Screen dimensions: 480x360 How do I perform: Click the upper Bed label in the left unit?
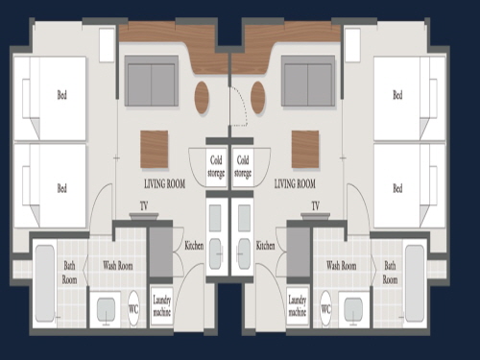click(x=62, y=95)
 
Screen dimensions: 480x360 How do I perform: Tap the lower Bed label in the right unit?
click(x=397, y=188)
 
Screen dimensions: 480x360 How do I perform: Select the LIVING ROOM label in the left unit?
click(x=164, y=183)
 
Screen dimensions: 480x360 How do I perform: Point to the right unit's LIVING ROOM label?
click(x=295, y=183)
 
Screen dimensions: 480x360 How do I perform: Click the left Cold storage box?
click(x=216, y=167)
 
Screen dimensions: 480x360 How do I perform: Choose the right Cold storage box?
click(x=243, y=167)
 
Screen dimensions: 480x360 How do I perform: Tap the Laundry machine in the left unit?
click(x=161, y=306)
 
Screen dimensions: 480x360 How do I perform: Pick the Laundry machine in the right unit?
click(x=298, y=306)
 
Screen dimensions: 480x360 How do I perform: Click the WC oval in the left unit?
click(x=133, y=308)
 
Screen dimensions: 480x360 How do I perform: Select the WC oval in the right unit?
click(x=325, y=308)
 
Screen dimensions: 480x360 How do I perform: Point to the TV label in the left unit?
click(x=144, y=206)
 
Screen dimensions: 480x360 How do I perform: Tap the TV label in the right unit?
click(x=316, y=206)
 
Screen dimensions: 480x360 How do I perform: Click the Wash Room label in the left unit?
click(x=118, y=266)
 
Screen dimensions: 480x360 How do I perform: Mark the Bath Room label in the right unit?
click(x=390, y=273)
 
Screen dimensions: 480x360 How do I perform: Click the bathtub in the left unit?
click(x=45, y=283)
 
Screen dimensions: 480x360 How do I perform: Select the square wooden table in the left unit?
click(x=155, y=149)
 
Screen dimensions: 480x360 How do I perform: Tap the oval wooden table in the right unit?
click(x=258, y=97)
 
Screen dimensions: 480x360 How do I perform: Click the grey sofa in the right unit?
click(x=308, y=81)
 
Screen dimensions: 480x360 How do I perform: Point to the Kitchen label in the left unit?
click(x=194, y=246)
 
